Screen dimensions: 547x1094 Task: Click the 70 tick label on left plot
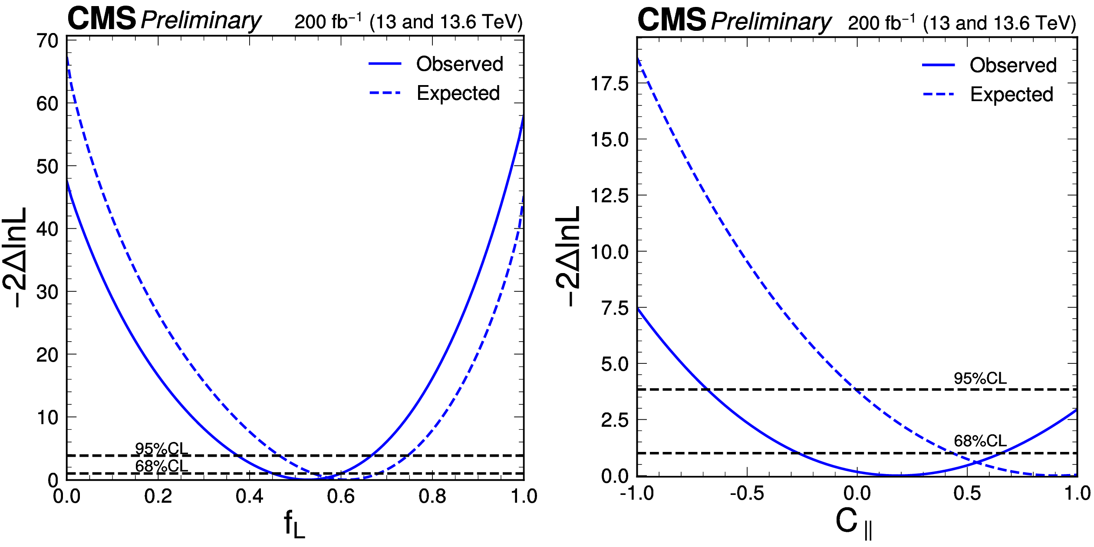[47, 41]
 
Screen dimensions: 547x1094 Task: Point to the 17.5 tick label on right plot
[610, 83]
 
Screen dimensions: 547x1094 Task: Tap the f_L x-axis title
[294, 524]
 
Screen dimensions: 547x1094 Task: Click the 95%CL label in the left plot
[161, 448]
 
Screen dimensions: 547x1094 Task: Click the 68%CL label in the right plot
[980, 441]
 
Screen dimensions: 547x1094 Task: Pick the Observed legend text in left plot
[460, 64]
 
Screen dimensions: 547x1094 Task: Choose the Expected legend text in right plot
[1012, 94]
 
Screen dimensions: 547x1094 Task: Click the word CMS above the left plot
[102, 19]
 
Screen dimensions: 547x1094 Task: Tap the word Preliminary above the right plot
[771, 22]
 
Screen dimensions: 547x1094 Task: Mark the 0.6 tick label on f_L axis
[341, 496]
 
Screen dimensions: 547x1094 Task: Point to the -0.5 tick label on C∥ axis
[747, 494]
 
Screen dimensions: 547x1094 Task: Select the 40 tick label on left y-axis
[47, 229]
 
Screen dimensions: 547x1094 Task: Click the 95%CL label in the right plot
[980, 379]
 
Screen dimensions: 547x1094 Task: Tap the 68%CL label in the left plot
[161, 466]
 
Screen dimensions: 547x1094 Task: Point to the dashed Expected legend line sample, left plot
[385, 93]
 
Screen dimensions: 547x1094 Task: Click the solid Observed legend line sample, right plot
[938, 65]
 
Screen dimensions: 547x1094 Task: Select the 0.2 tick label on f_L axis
[158, 496]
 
